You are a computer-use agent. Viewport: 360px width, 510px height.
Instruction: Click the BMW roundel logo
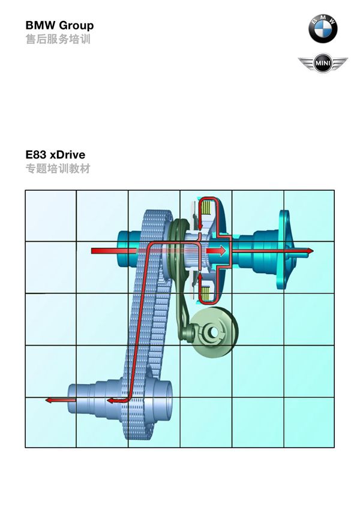(x=323, y=29)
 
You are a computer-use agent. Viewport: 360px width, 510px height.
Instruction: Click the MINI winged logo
(x=323, y=63)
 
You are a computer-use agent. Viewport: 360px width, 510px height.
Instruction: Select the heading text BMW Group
(x=60, y=25)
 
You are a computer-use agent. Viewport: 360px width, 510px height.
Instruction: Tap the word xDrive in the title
(x=68, y=154)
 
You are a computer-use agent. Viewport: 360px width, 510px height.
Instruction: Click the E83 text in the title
(x=37, y=154)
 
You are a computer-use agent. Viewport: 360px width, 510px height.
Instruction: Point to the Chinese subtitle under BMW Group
(x=58, y=40)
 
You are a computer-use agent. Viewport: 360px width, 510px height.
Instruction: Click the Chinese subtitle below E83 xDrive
(x=58, y=169)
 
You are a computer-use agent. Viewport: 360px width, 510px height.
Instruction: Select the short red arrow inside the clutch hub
(x=215, y=251)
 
